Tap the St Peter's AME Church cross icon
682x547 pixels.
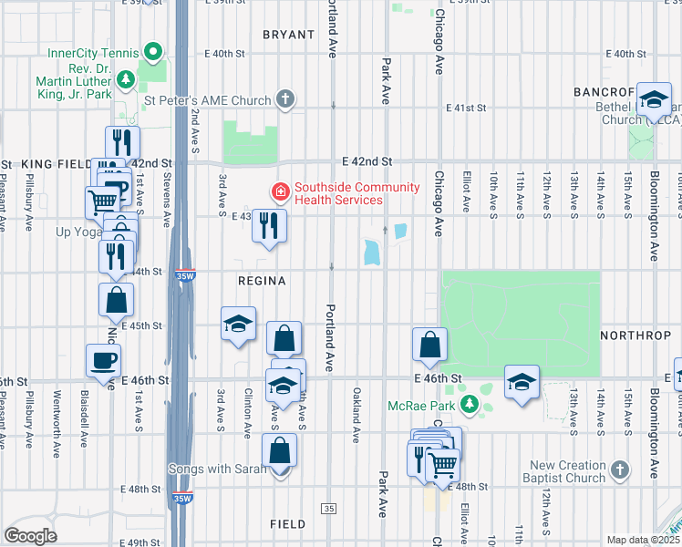(285, 99)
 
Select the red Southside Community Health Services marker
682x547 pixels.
(280, 191)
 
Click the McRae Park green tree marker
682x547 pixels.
(470, 404)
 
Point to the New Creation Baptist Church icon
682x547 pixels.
(619, 470)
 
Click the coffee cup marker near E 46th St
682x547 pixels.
(102, 361)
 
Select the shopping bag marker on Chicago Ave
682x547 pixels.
(429, 346)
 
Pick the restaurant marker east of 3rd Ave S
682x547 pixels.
(269, 227)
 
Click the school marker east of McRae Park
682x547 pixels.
(522, 382)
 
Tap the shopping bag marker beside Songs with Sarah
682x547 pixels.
(279, 450)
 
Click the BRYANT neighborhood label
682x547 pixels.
(288, 35)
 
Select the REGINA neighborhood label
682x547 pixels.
(263, 282)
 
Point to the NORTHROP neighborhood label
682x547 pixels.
(636, 335)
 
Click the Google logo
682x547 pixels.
(30, 535)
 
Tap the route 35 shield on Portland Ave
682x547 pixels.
(329, 508)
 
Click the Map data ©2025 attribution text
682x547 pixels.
(642, 540)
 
